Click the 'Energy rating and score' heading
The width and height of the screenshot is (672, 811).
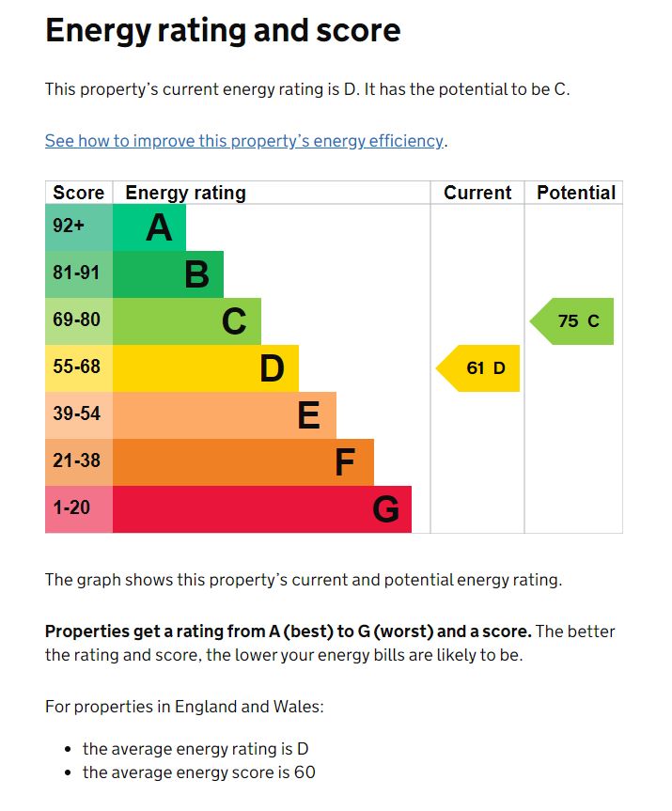click(x=223, y=31)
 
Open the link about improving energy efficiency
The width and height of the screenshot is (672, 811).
click(x=244, y=141)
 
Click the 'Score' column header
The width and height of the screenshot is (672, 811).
click(x=79, y=193)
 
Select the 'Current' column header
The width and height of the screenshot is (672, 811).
click(x=477, y=193)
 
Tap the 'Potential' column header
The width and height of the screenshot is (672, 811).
click(x=575, y=193)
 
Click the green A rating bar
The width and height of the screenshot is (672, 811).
click(x=149, y=227)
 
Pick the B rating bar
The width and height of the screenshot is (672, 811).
click(x=168, y=274)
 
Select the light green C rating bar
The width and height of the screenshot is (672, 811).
click(x=187, y=321)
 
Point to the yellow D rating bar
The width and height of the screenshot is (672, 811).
click(x=206, y=368)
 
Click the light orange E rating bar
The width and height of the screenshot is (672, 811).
click(x=225, y=415)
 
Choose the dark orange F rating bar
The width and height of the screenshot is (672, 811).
click(x=243, y=462)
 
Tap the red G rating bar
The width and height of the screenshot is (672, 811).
click(x=262, y=509)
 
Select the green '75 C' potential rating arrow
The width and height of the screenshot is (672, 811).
click(x=574, y=321)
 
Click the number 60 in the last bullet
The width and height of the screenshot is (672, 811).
click(x=304, y=773)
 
